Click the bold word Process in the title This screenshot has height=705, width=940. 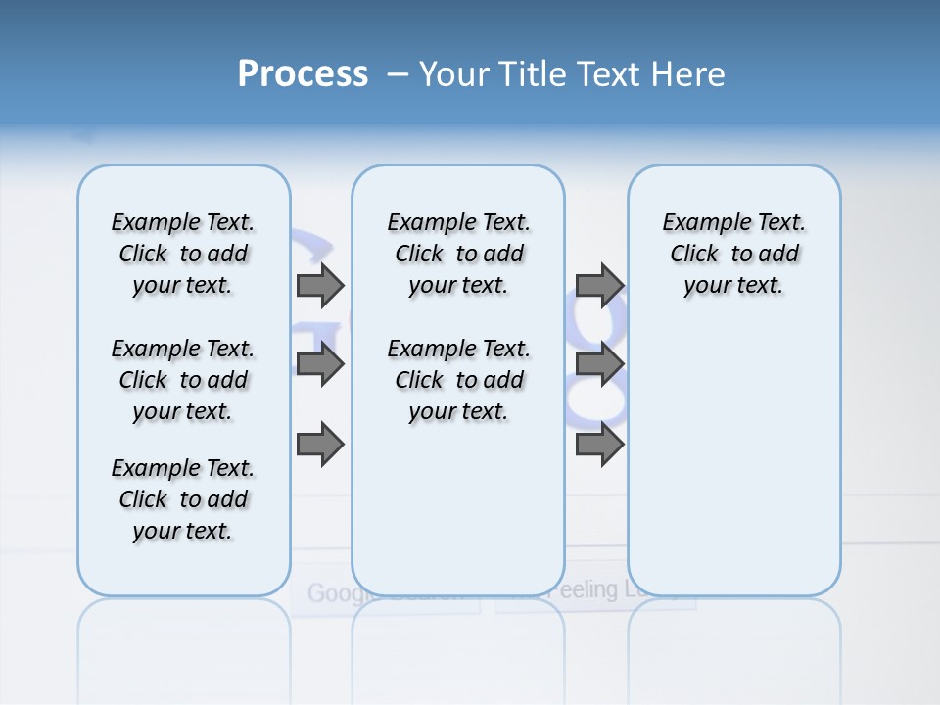[303, 73]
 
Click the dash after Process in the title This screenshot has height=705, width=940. [398, 74]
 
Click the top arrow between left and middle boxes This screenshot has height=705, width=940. [320, 285]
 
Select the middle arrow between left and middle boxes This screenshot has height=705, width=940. [320, 365]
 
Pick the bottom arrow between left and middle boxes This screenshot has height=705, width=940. [320, 445]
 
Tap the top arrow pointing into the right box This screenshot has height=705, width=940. [599, 285]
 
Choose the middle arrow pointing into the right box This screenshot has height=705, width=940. [599, 365]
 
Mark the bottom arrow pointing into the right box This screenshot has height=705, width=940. [599, 445]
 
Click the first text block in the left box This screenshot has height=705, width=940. [183, 254]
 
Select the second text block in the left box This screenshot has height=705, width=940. [183, 380]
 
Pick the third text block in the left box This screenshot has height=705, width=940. [183, 499]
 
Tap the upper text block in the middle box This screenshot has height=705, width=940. [458, 254]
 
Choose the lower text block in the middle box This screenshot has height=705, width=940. [458, 380]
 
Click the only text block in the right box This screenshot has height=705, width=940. [733, 254]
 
